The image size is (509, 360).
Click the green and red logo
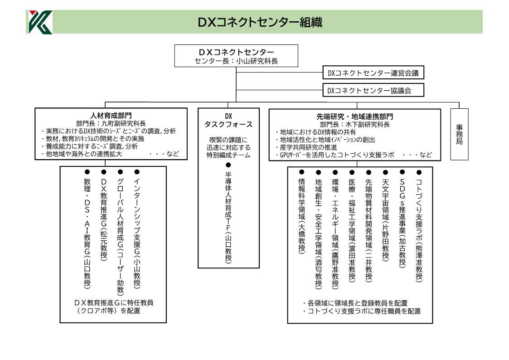click(40, 22)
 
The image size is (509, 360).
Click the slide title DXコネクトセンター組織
click(260, 22)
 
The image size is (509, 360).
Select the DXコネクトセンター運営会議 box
click(373, 73)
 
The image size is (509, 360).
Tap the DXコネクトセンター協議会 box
click(373, 90)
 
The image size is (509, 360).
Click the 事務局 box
click(459, 134)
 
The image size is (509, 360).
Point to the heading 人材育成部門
click(111, 116)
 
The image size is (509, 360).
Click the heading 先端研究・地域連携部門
click(355, 117)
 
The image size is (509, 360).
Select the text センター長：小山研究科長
click(236, 61)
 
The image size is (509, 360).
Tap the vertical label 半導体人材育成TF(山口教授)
click(228, 217)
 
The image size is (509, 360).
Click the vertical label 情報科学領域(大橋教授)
click(302, 215)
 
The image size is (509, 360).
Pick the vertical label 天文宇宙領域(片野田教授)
click(385, 219)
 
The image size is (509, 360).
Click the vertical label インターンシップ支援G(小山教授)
click(137, 233)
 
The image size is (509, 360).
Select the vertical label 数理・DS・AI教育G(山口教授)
click(87, 233)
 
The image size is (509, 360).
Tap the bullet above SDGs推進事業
click(402, 172)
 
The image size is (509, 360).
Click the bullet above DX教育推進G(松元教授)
click(104, 172)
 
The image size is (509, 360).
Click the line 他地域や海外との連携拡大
click(82, 154)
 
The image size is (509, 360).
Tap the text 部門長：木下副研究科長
click(355, 124)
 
